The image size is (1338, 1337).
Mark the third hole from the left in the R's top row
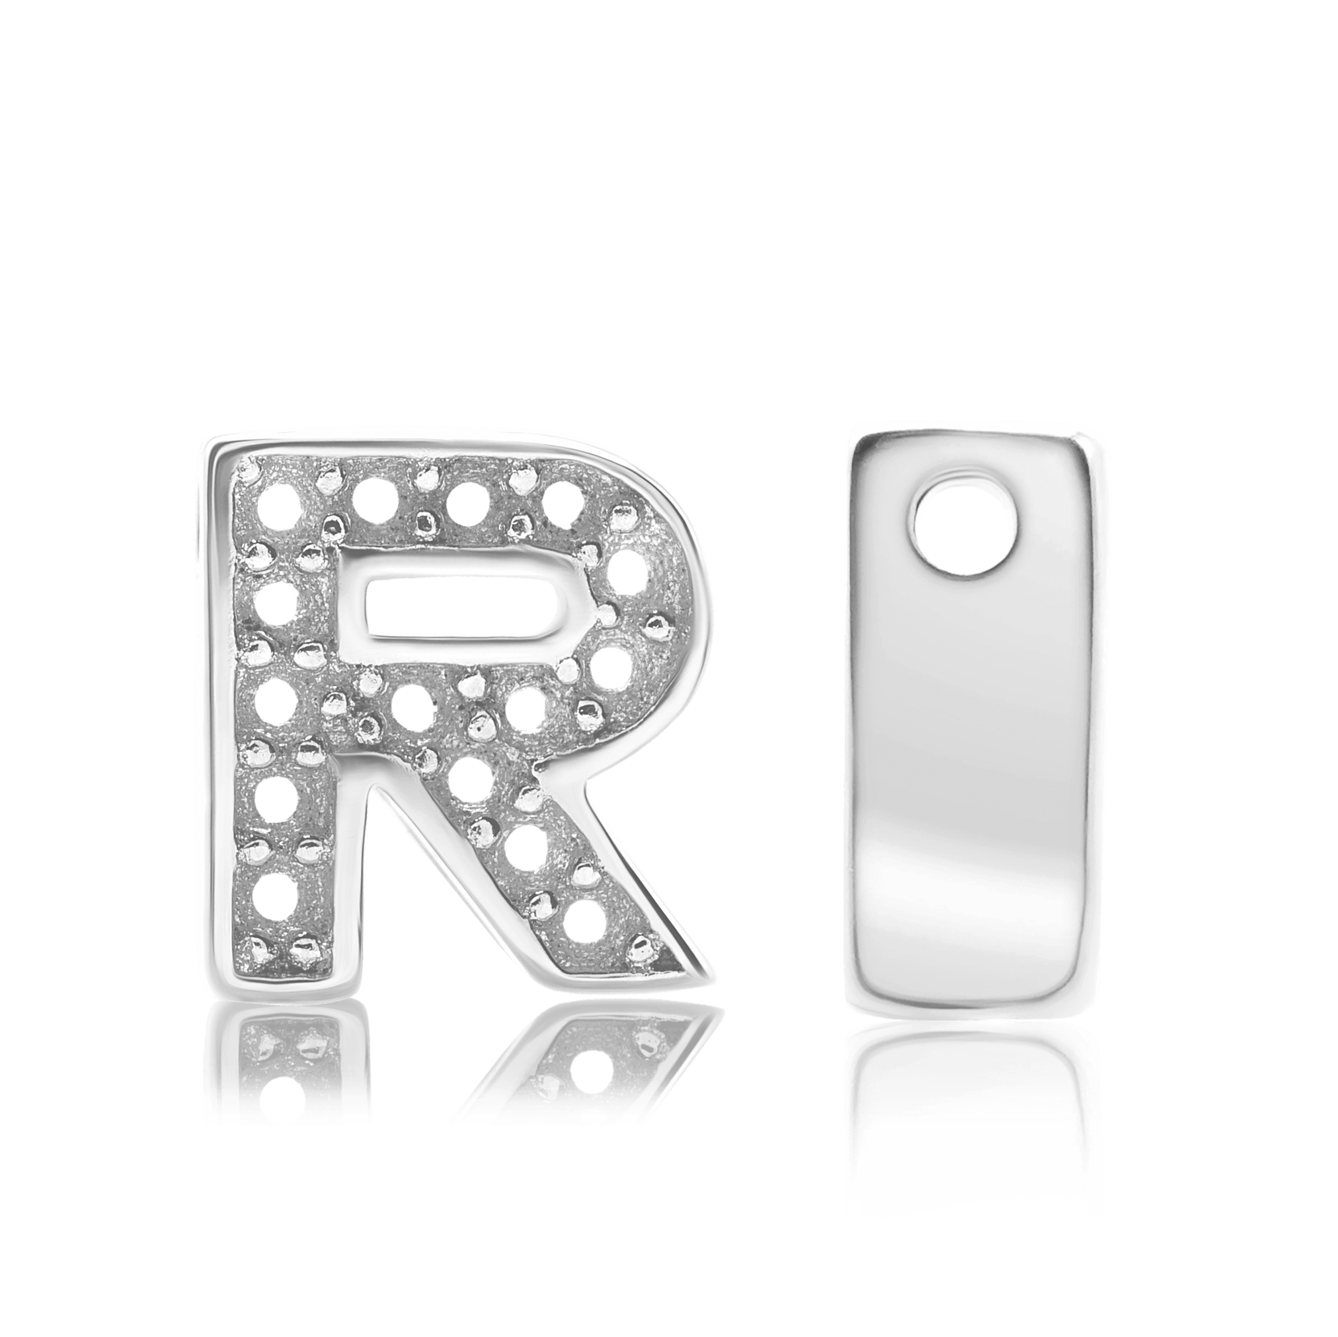(x=469, y=501)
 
